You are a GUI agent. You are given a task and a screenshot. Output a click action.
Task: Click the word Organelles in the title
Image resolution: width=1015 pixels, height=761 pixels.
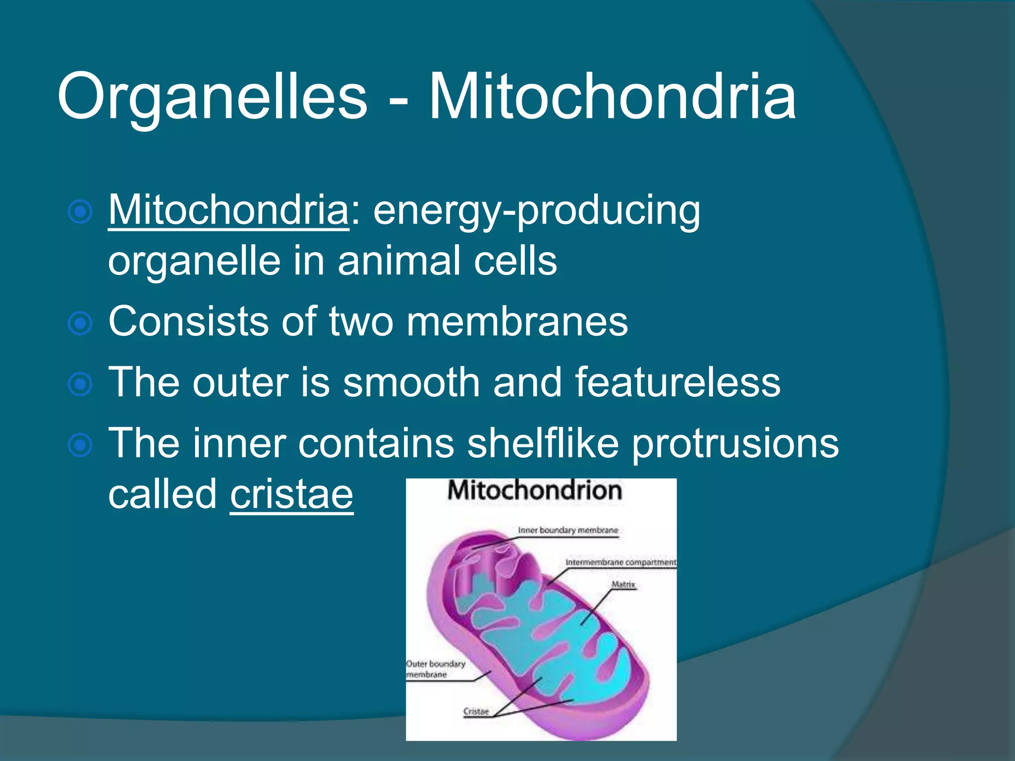(212, 97)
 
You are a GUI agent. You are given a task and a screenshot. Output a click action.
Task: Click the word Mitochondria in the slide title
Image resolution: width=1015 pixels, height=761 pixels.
(612, 97)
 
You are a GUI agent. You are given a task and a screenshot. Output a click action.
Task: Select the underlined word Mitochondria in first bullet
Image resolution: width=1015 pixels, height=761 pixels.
(228, 211)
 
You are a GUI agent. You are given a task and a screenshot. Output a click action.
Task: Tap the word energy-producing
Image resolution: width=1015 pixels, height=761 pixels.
(536, 211)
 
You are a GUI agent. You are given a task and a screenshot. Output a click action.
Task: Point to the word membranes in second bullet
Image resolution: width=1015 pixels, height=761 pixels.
(517, 322)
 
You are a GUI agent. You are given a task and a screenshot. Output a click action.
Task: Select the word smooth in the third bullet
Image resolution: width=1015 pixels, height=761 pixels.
(411, 382)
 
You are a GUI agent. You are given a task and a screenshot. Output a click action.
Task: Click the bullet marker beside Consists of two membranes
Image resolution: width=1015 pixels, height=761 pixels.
(80, 324)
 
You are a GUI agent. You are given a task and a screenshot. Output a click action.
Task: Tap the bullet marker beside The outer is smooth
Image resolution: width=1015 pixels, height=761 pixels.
(80, 384)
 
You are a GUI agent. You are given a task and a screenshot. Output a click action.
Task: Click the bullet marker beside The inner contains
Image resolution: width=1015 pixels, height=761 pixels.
(80, 445)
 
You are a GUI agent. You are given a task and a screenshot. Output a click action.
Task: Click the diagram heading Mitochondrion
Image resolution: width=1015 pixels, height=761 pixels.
(534, 490)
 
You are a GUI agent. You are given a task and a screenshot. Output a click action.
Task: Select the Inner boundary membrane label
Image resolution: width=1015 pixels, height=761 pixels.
(568, 530)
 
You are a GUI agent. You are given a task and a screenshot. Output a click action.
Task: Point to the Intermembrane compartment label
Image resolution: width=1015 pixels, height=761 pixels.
(620, 562)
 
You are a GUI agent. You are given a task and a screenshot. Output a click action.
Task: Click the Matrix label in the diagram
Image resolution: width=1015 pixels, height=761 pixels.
(623, 585)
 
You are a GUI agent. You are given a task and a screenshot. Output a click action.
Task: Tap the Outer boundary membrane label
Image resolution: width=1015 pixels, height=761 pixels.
(435, 669)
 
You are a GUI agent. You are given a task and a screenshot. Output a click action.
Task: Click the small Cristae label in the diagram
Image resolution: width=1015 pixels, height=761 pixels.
(476, 711)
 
